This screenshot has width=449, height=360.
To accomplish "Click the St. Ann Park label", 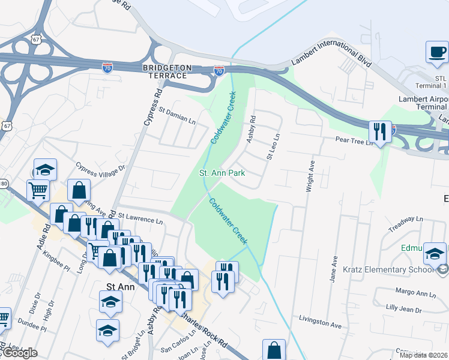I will tap(222, 173).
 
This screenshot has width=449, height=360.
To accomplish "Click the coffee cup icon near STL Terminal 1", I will tap(436, 52).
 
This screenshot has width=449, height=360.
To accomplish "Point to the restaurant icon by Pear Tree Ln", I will tap(380, 130).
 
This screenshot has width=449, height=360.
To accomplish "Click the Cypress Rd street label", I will tap(152, 107).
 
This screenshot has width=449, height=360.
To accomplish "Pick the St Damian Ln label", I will tap(177, 111).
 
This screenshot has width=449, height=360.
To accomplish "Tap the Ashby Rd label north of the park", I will tap(252, 128).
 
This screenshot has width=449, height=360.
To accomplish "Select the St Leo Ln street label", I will tap(274, 147).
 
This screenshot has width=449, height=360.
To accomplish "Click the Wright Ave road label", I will tap(311, 173).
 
